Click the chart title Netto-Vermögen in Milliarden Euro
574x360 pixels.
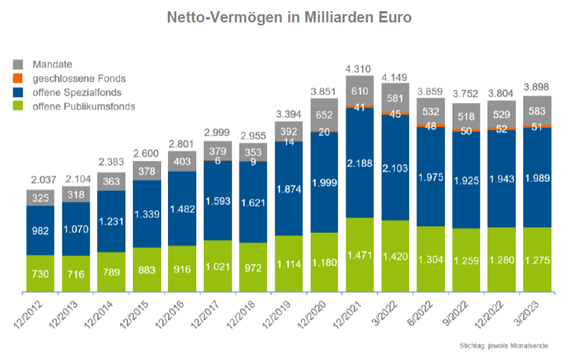click(x=288, y=16)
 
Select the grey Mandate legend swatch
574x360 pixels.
click(x=19, y=63)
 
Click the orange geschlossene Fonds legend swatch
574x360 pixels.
click(x=19, y=78)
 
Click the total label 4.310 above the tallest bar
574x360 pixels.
click(x=361, y=69)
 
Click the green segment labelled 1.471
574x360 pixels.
click(x=360, y=255)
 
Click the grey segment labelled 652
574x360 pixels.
click(x=325, y=115)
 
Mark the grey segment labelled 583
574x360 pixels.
click(x=537, y=110)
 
